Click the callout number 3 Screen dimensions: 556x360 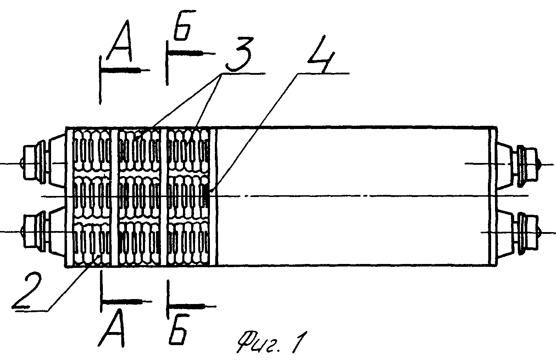[239, 55]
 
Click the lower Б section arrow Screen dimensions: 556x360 [191, 306]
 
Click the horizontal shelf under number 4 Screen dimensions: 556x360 [323, 73]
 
